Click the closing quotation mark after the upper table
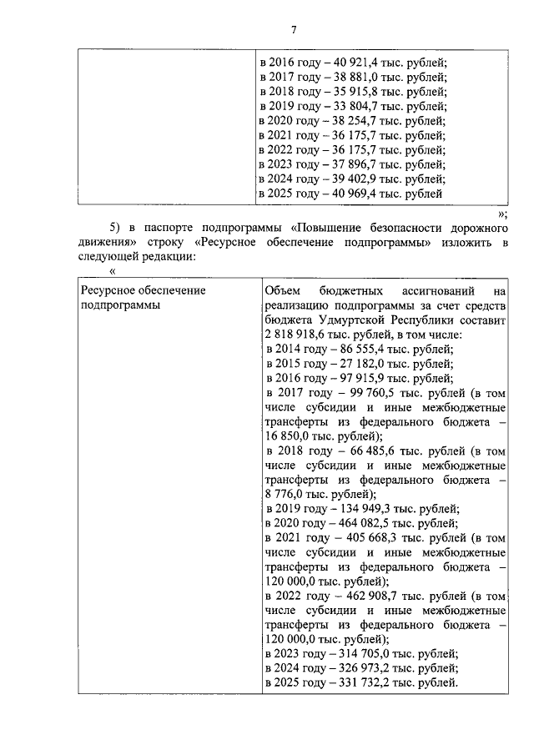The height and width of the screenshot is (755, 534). (x=501, y=214)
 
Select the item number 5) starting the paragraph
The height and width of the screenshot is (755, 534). (x=116, y=229)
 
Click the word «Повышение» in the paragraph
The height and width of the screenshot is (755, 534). (x=330, y=229)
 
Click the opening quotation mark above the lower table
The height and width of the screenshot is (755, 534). (x=113, y=271)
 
